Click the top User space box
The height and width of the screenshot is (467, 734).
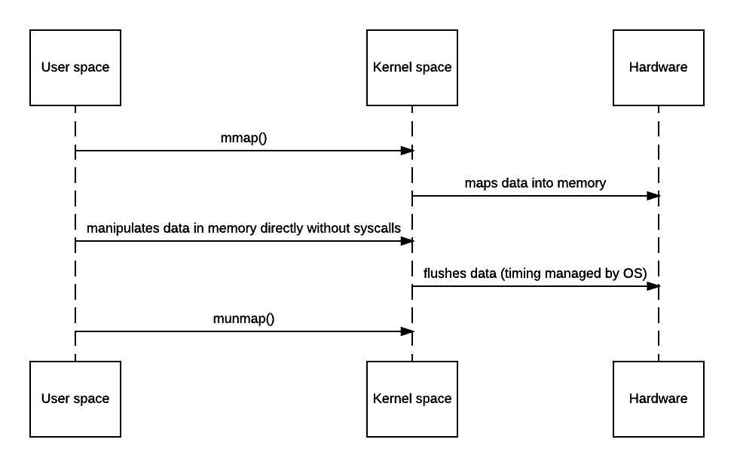click(x=75, y=68)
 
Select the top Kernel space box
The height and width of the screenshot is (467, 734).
click(x=412, y=68)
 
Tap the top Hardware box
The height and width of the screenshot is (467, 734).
click(x=658, y=68)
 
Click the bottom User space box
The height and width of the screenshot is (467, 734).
click(x=75, y=399)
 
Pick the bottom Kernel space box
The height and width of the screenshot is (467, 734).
click(x=412, y=399)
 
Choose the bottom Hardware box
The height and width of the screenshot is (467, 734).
click(x=658, y=399)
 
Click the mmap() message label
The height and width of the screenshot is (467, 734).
click(x=243, y=138)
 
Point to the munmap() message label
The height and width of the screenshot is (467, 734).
click(x=243, y=319)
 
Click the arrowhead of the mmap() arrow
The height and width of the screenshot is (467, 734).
click(x=408, y=151)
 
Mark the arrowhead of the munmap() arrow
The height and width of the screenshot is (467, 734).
click(x=408, y=331)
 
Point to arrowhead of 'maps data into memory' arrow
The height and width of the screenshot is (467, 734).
click(x=653, y=196)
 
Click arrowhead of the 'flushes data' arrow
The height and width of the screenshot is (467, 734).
click(x=653, y=286)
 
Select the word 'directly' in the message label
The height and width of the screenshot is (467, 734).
click(x=282, y=228)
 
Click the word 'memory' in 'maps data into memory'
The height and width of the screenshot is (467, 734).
click(x=582, y=183)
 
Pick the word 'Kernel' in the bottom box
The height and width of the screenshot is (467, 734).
click(x=391, y=399)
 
